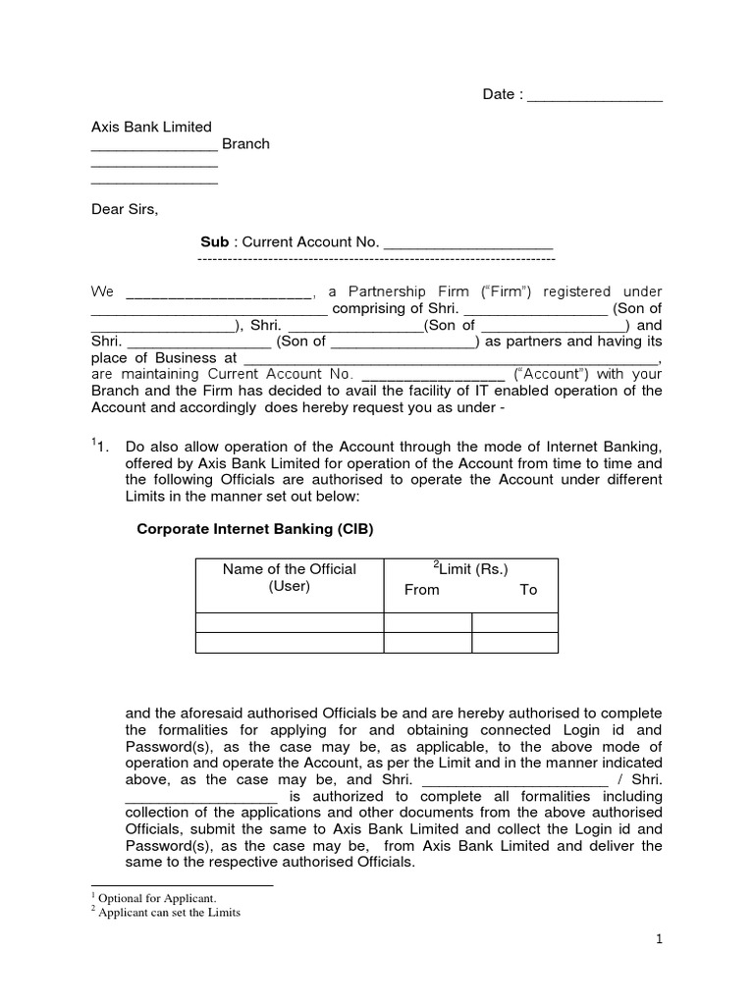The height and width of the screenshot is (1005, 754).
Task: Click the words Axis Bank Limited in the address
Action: coord(151,127)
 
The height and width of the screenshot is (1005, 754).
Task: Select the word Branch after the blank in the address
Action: coord(245,143)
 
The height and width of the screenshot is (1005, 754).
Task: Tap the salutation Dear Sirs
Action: coord(124,209)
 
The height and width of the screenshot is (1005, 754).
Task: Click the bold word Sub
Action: coord(214,241)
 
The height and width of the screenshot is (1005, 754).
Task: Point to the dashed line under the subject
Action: coord(376,259)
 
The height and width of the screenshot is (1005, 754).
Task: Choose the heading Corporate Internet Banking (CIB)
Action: coord(255,528)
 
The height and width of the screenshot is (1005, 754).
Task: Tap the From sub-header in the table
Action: coord(422,590)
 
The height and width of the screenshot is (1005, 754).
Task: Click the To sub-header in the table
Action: coord(528,590)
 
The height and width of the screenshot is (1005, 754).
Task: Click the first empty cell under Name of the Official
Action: coord(290,622)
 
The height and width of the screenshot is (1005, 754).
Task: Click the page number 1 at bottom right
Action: coord(660,939)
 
